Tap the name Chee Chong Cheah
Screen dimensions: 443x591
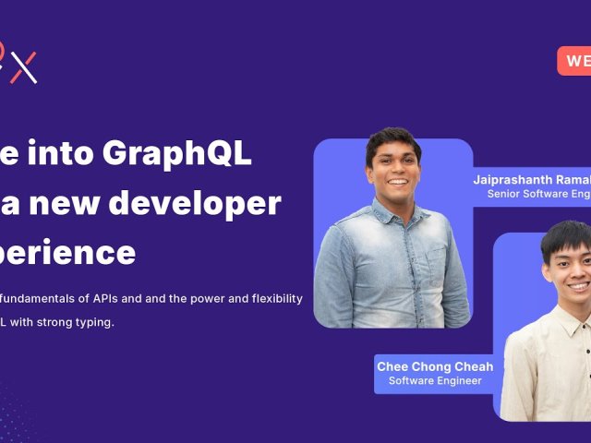(434, 366)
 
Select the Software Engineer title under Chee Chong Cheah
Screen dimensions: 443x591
(434, 381)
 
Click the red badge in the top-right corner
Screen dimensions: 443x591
(574, 61)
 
